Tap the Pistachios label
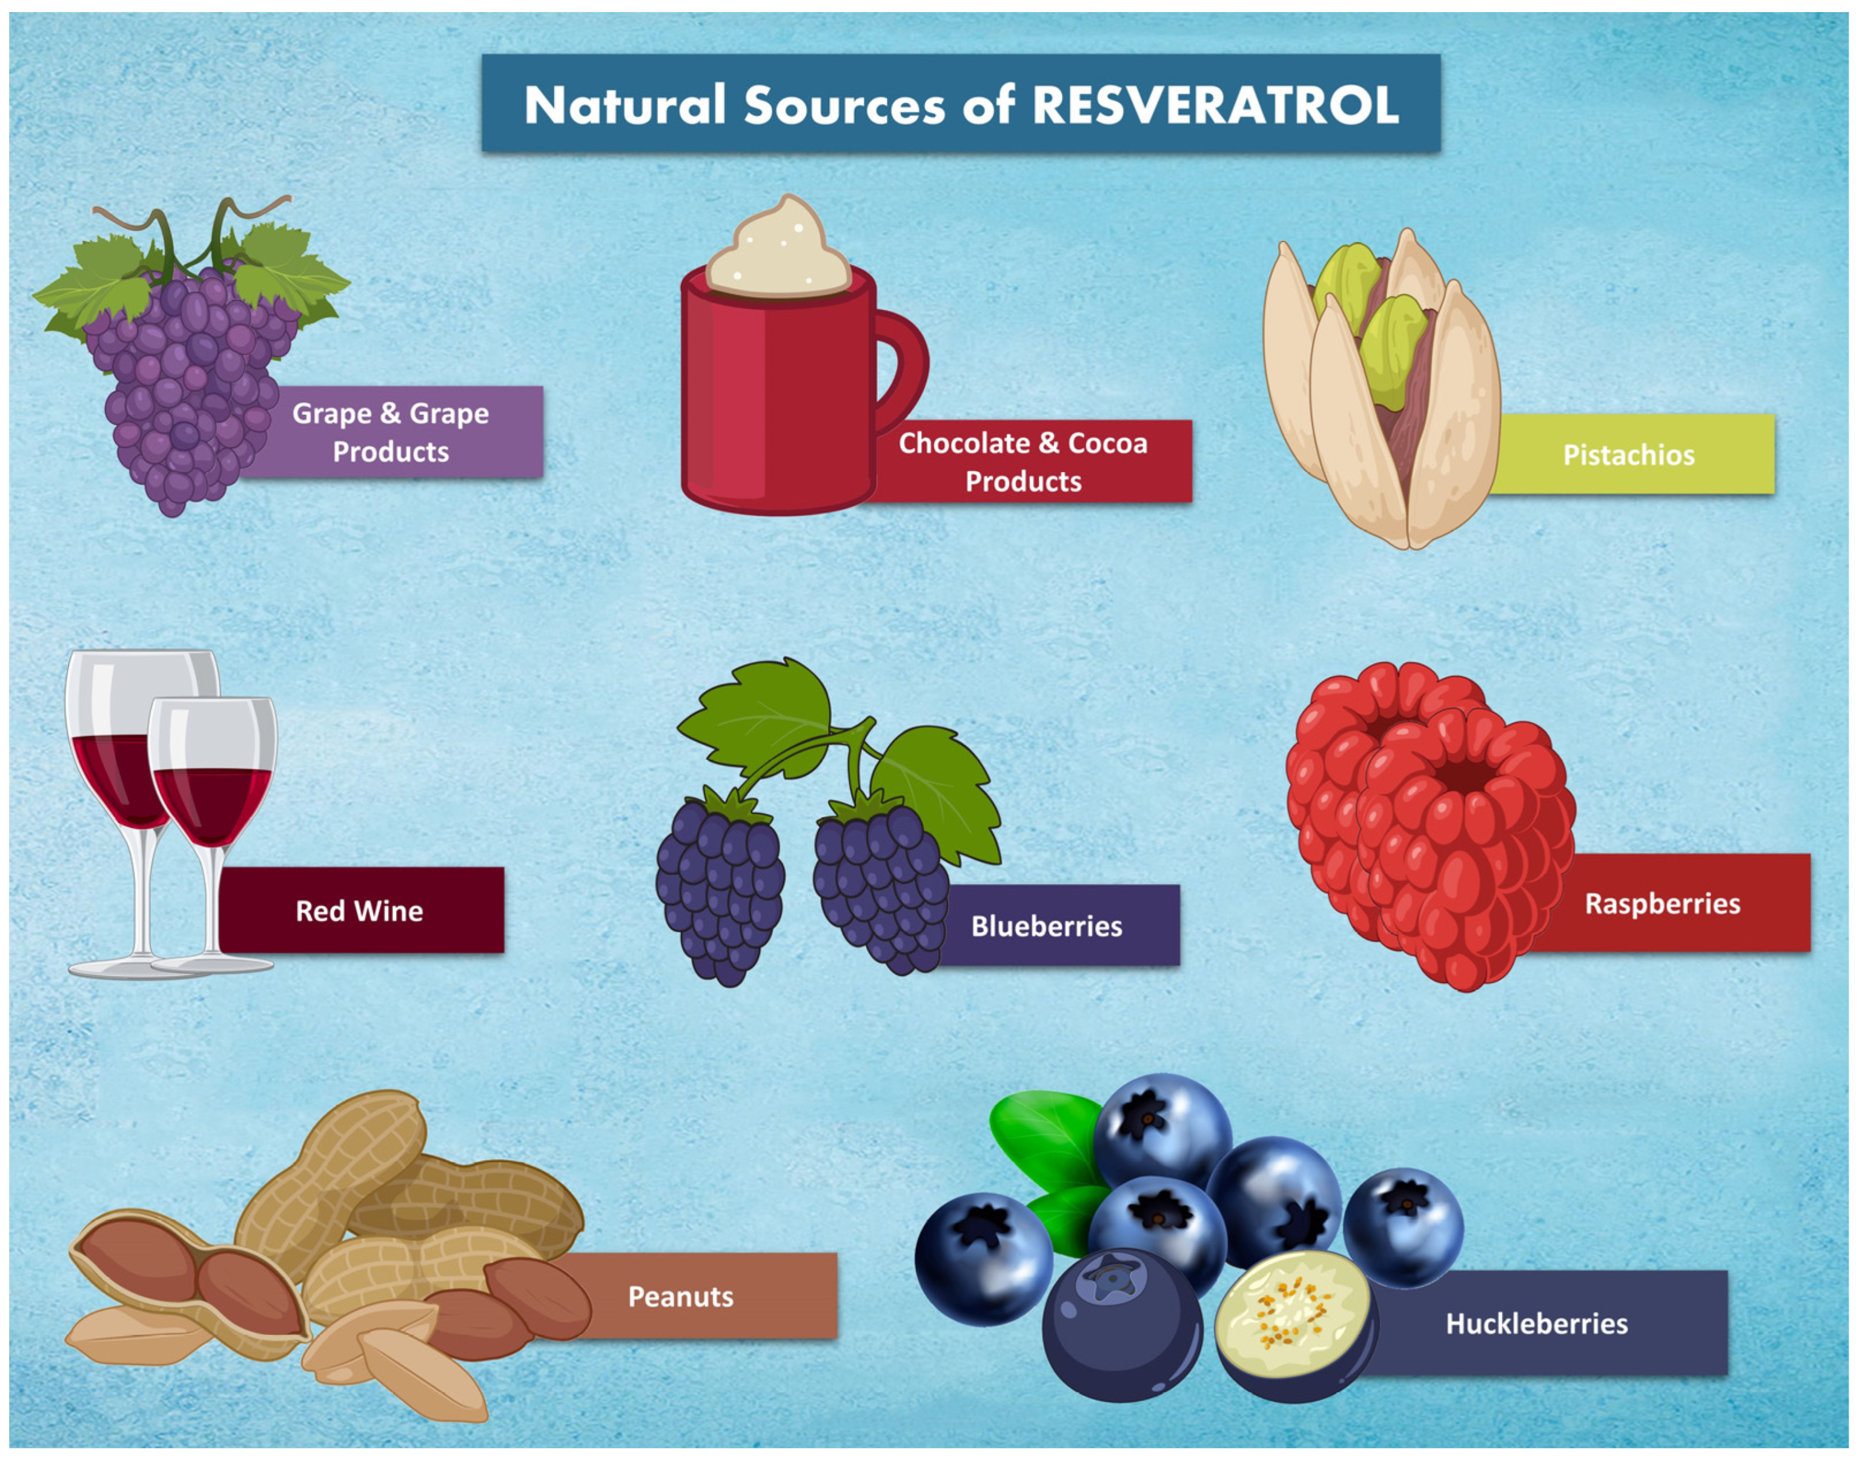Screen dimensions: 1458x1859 [1628, 455]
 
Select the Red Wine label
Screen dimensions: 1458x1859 [359, 911]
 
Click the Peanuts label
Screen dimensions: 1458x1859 [681, 1297]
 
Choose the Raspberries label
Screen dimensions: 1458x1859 [1662, 903]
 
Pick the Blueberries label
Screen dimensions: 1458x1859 [1046, 926]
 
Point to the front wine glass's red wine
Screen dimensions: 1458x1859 [212, 802]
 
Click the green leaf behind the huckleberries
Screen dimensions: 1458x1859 [1046, 1135]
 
